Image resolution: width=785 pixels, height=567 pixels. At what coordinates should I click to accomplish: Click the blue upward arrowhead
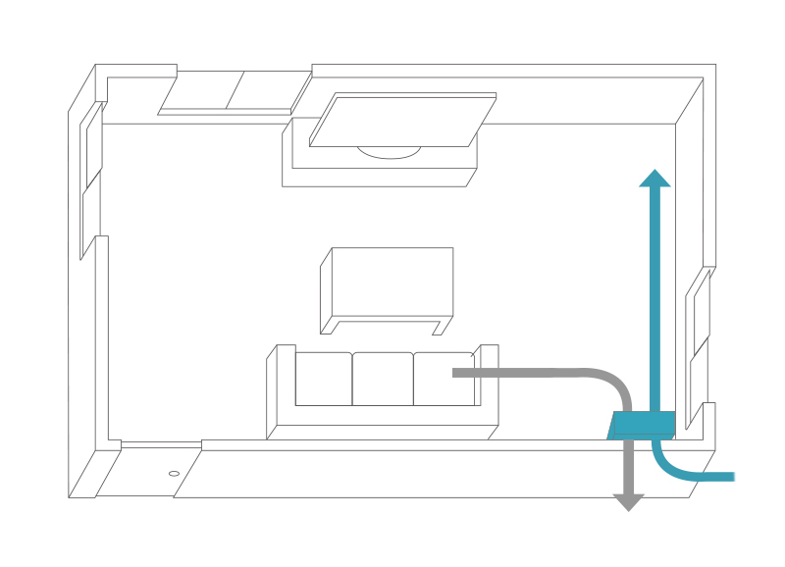654,179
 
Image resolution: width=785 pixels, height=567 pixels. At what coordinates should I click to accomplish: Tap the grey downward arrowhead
628,502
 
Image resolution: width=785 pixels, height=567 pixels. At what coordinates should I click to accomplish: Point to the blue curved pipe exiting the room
687,472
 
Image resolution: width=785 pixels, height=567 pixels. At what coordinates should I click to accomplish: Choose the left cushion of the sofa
323,379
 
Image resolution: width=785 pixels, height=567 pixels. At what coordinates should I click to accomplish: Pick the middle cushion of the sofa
383,379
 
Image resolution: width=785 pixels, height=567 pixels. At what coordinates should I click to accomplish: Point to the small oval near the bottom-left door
174,473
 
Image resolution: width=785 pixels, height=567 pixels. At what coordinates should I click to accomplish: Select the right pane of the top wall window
268,91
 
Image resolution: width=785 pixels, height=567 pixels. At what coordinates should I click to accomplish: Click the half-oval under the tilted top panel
389,152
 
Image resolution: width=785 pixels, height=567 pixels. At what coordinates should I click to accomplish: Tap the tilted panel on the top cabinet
402,120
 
